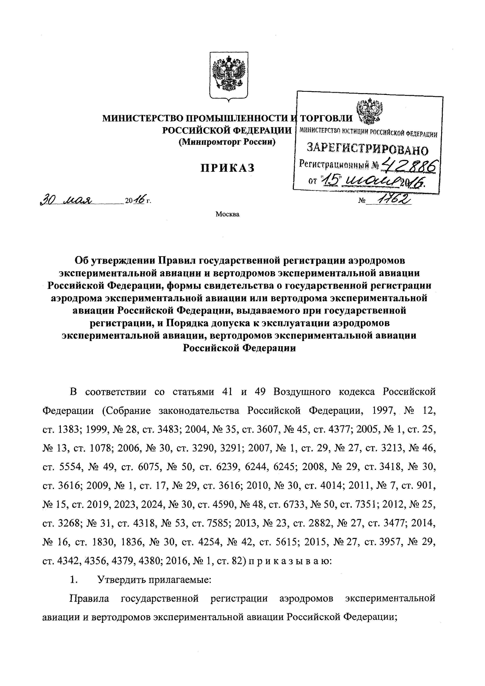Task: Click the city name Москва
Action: pyautogui.click(x=228, y=214)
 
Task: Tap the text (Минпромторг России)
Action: pyautogui.click(x=227, y=142)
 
